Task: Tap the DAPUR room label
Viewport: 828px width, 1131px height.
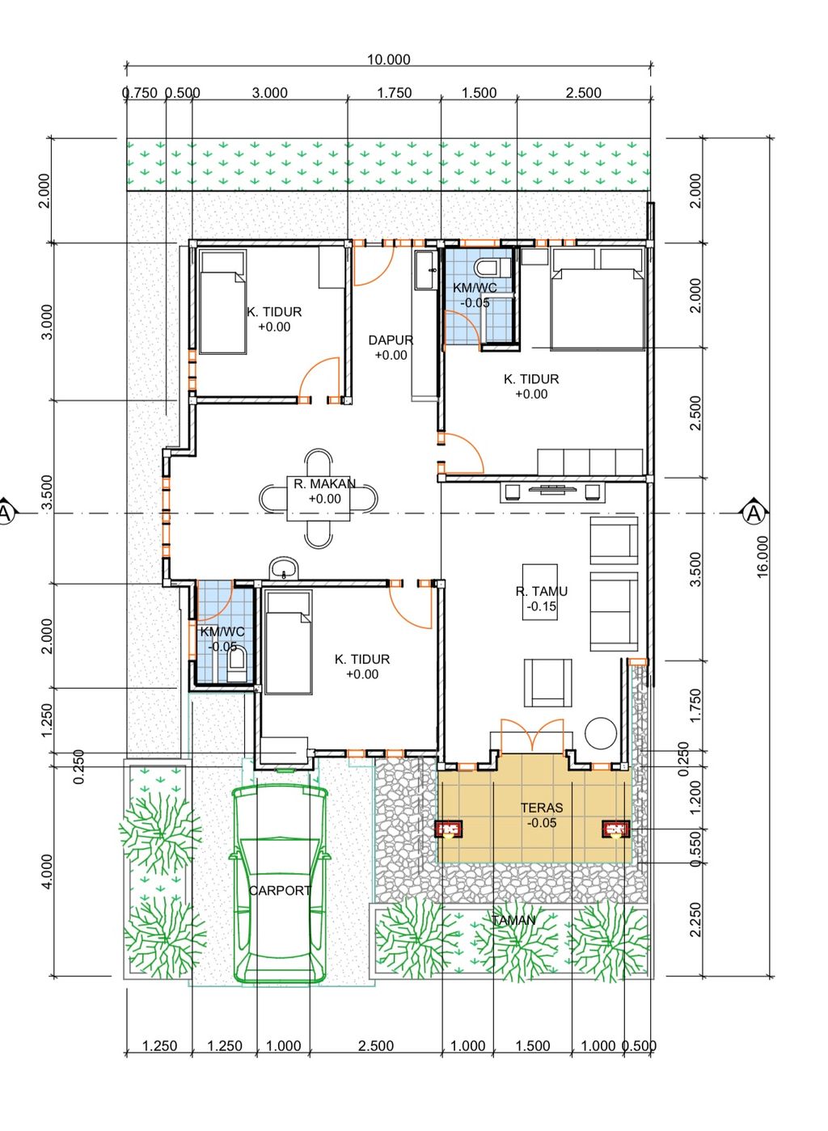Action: [x=391, y=340]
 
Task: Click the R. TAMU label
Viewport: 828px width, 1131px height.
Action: [x=541, y=591]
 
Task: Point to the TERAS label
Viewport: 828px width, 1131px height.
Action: [x=541, y=808]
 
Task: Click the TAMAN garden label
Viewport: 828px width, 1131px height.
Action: [x=513, y=920]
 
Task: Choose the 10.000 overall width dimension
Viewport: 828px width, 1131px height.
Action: [x=388, y=60]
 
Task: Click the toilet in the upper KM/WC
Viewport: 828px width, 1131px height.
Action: [x=494, y=267]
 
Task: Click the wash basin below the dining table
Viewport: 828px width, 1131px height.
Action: [x=285, y=568]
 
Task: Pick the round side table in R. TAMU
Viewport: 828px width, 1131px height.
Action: [x=601, y=732]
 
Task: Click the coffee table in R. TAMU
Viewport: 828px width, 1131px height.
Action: [x=539, y=591]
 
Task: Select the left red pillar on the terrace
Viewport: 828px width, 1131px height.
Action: [x=449, y=829]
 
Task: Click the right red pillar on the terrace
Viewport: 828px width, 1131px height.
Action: [x=615, y=829]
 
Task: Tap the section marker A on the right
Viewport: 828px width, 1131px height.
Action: [x=754, y=513]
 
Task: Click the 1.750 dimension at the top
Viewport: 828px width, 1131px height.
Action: [x=395, y=93]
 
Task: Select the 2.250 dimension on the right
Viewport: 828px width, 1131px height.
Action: [x=695, y=919]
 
